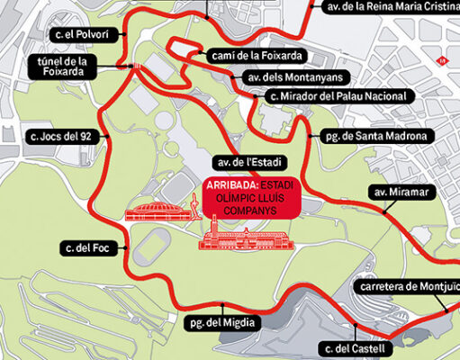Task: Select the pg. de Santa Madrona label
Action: point(377,137)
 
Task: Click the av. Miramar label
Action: point(395,192)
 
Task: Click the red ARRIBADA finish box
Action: point(239,198)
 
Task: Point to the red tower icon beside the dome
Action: point(190,209)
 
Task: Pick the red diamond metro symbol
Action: point(440,61)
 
